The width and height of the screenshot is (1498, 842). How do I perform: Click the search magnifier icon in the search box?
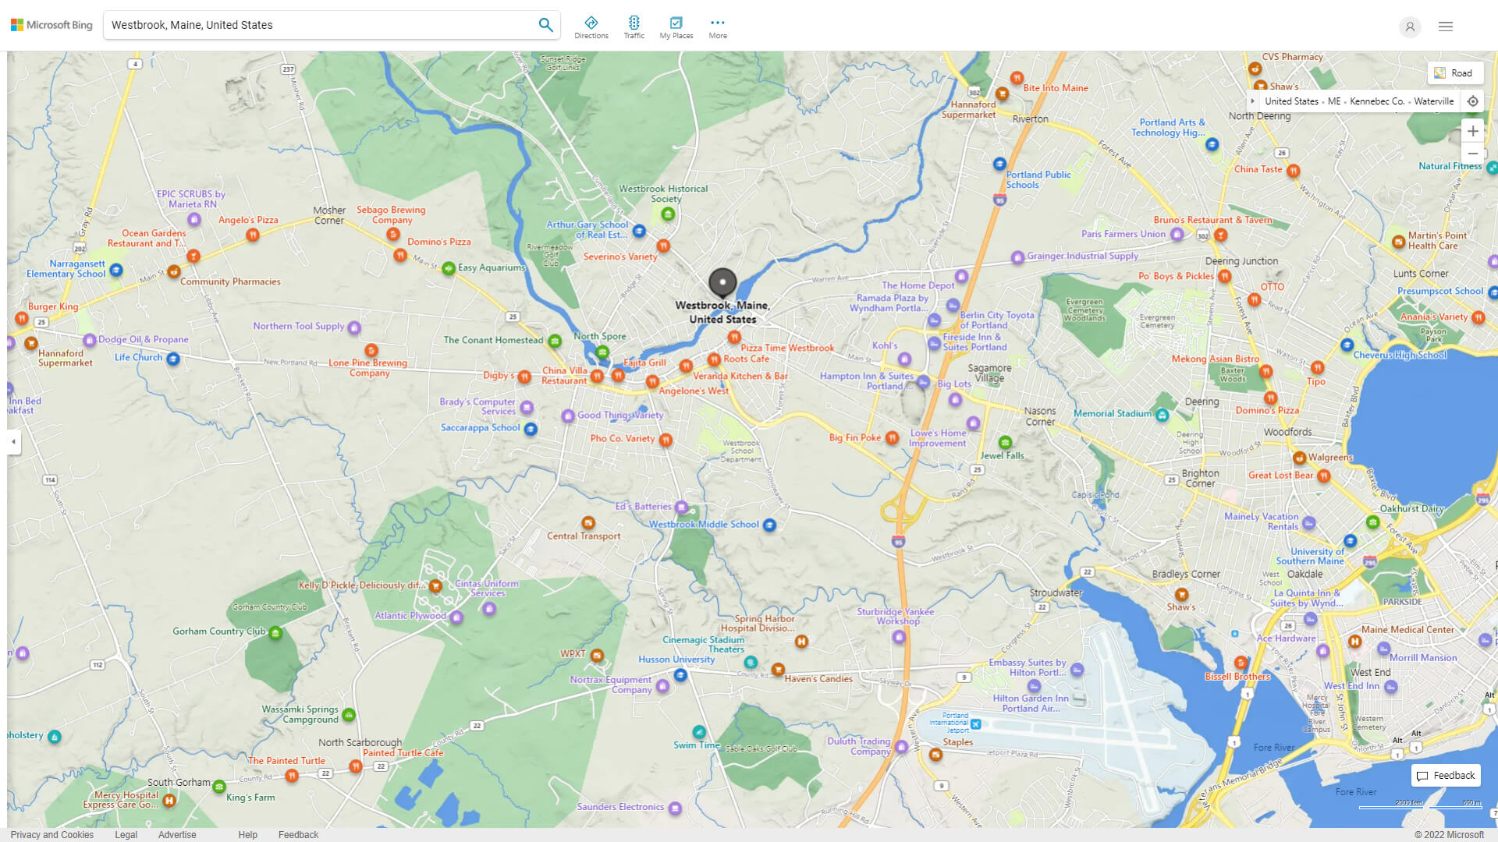[545, 25]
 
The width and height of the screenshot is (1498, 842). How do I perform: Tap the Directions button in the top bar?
[591, 27]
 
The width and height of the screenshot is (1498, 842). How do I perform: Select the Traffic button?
[634, 27]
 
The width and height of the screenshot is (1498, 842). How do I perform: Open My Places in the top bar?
[676, 27]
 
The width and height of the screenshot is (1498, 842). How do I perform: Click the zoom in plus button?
[1472, 131]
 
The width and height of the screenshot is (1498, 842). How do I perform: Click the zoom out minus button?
[1472, 154]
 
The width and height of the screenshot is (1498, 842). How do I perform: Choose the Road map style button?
[1454, 73]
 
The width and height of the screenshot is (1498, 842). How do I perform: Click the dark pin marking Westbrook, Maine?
[722, 282]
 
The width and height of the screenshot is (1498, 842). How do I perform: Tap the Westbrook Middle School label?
[704, 525]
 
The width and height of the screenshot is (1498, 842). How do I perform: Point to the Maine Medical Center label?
[1407, 630]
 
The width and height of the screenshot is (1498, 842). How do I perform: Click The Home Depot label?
[918, 285]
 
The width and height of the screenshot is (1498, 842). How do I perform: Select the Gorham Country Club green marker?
[275, 633]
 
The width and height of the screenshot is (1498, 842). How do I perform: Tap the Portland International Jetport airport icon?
[975, 724]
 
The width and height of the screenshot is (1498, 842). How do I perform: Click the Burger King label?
[53, 306]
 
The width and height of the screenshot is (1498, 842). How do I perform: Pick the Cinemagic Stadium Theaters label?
[704, 645]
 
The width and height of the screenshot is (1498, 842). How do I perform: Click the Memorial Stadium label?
[1112, 414]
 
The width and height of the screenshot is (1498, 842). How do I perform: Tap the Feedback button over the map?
[1446, 776]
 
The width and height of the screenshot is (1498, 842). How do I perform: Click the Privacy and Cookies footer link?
[52, 835]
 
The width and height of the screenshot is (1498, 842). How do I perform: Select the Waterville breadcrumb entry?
[1433, 101]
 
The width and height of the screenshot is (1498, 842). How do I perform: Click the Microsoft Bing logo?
[51, 25]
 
